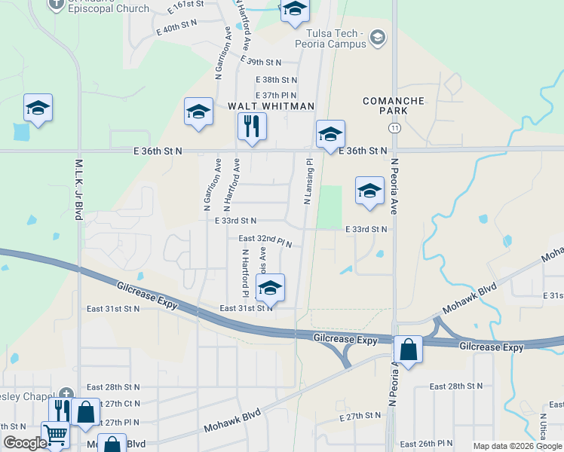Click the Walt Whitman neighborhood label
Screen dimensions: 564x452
(271, 106)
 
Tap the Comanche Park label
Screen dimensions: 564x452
(394, 105)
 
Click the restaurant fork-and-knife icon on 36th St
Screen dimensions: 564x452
(252, 126)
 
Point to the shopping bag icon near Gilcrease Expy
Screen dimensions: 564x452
(408, 350)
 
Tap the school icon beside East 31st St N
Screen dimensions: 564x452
(271, 288)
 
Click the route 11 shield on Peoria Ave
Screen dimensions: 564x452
(395, 129)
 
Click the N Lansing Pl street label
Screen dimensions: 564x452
(308, 182)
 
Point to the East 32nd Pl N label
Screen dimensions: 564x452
(265, 240)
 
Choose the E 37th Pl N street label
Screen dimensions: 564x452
(276, 95)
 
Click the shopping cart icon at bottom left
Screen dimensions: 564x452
(55, 434)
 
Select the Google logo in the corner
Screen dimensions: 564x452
(26, 443)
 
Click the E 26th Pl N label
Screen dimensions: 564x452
(427, 444)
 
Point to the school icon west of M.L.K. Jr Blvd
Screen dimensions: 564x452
(37, 107)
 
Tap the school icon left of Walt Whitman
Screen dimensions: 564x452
(198, 111)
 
